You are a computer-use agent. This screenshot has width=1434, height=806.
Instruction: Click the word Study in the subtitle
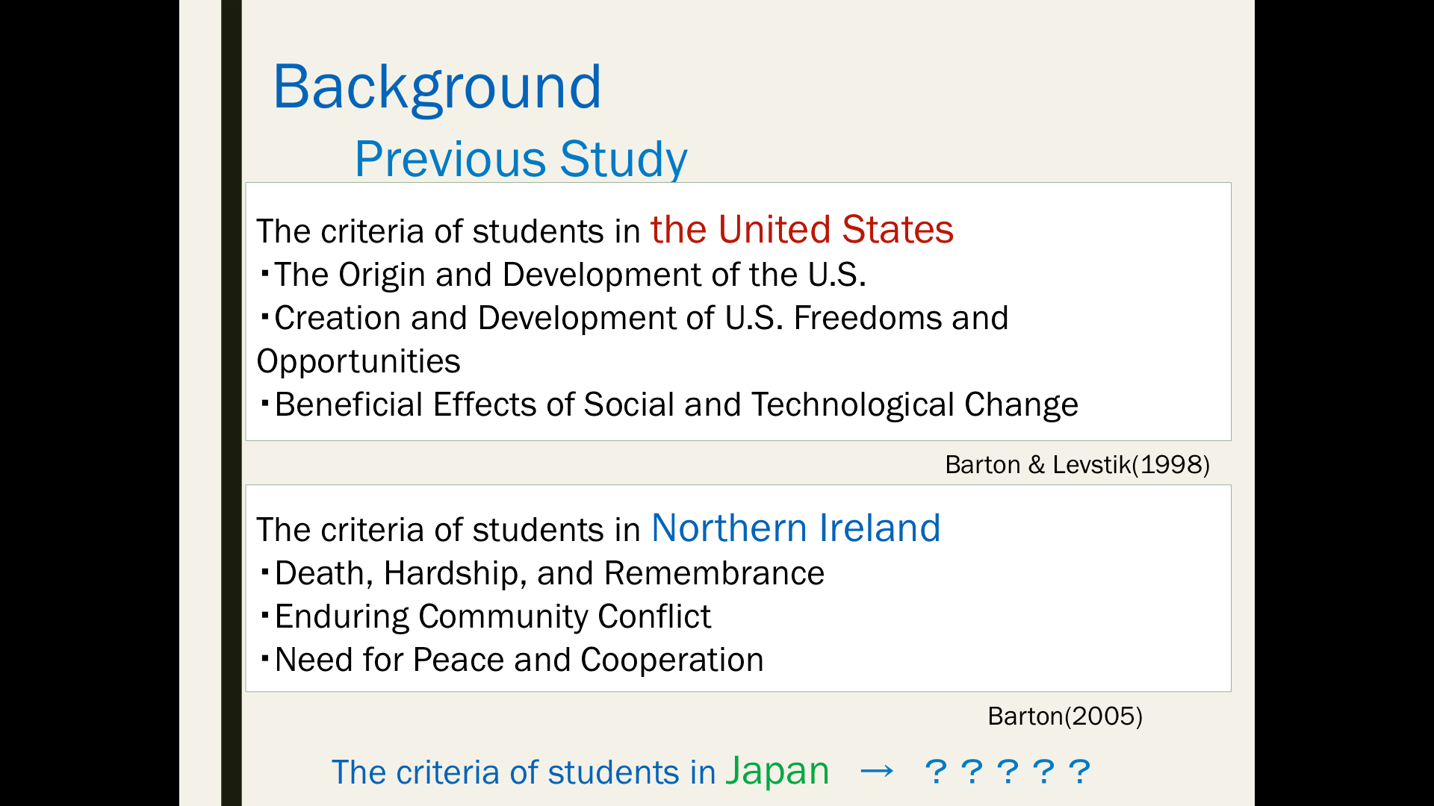coord(624,160)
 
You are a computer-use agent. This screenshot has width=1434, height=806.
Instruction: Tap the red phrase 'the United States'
coord(801,229)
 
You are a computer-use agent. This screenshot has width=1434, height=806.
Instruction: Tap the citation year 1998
coord(1171,465)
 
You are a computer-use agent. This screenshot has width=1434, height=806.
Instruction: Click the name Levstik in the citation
coord(1092,465)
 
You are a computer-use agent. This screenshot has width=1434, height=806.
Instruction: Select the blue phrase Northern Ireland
coord(795,528)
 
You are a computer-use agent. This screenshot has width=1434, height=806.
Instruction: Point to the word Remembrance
coord(714,573)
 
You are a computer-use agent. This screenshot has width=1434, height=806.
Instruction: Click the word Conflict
coord(654,616)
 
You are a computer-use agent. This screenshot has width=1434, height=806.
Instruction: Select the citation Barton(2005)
coord(1065,716)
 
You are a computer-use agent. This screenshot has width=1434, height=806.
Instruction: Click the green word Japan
coord(777,772)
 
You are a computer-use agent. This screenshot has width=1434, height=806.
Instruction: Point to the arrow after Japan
coord(876,771)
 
